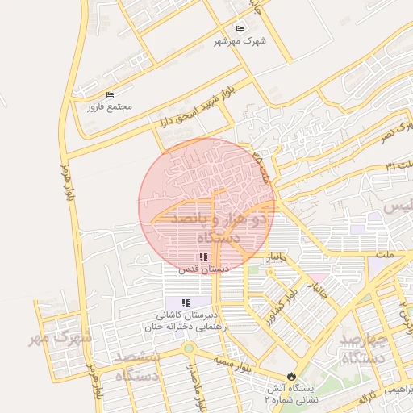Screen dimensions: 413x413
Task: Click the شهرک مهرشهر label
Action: (x=240, y=40)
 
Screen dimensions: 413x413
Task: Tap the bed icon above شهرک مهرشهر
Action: (x=240, y=28)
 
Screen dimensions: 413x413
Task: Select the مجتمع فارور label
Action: (x=110, y=106)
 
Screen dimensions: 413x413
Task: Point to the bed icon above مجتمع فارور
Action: (x=110, y=94)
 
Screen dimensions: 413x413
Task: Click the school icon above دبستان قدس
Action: (x=203, y=257)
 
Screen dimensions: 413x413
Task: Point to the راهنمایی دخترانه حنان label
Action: (x=186, y=326)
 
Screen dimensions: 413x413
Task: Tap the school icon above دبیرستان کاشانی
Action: (x=186, y=302)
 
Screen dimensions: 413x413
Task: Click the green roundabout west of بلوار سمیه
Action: (x=189, y=348)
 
